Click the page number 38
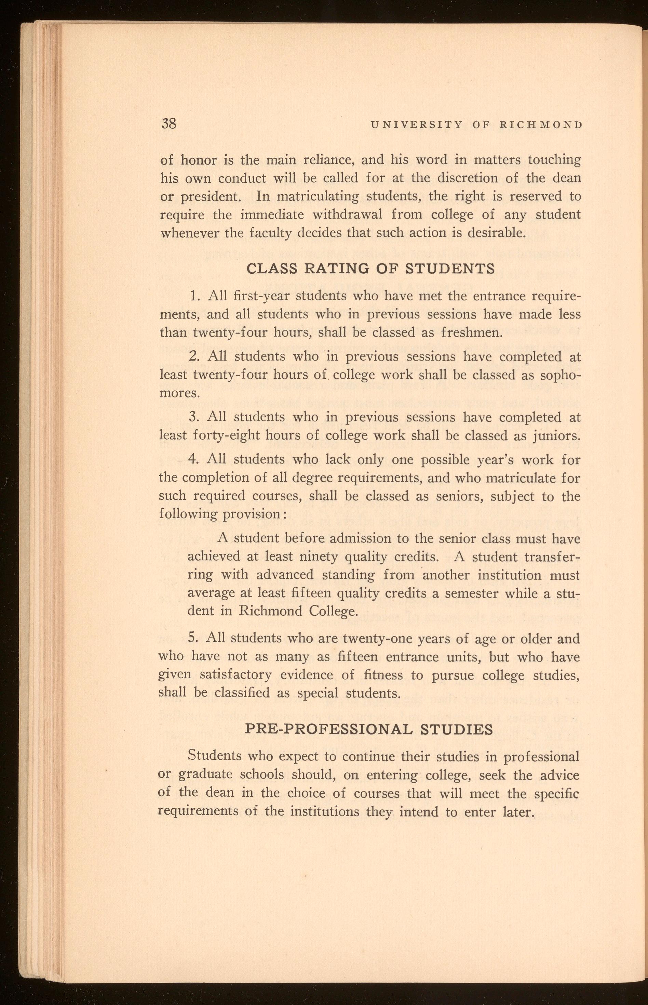(x=169, y=124)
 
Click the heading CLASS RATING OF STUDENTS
(x=370, y=268)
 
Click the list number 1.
(x=193, y=296)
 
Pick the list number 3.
(x=193, y=417)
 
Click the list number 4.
(x=193, y=459)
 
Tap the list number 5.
(x=192, y=638)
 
